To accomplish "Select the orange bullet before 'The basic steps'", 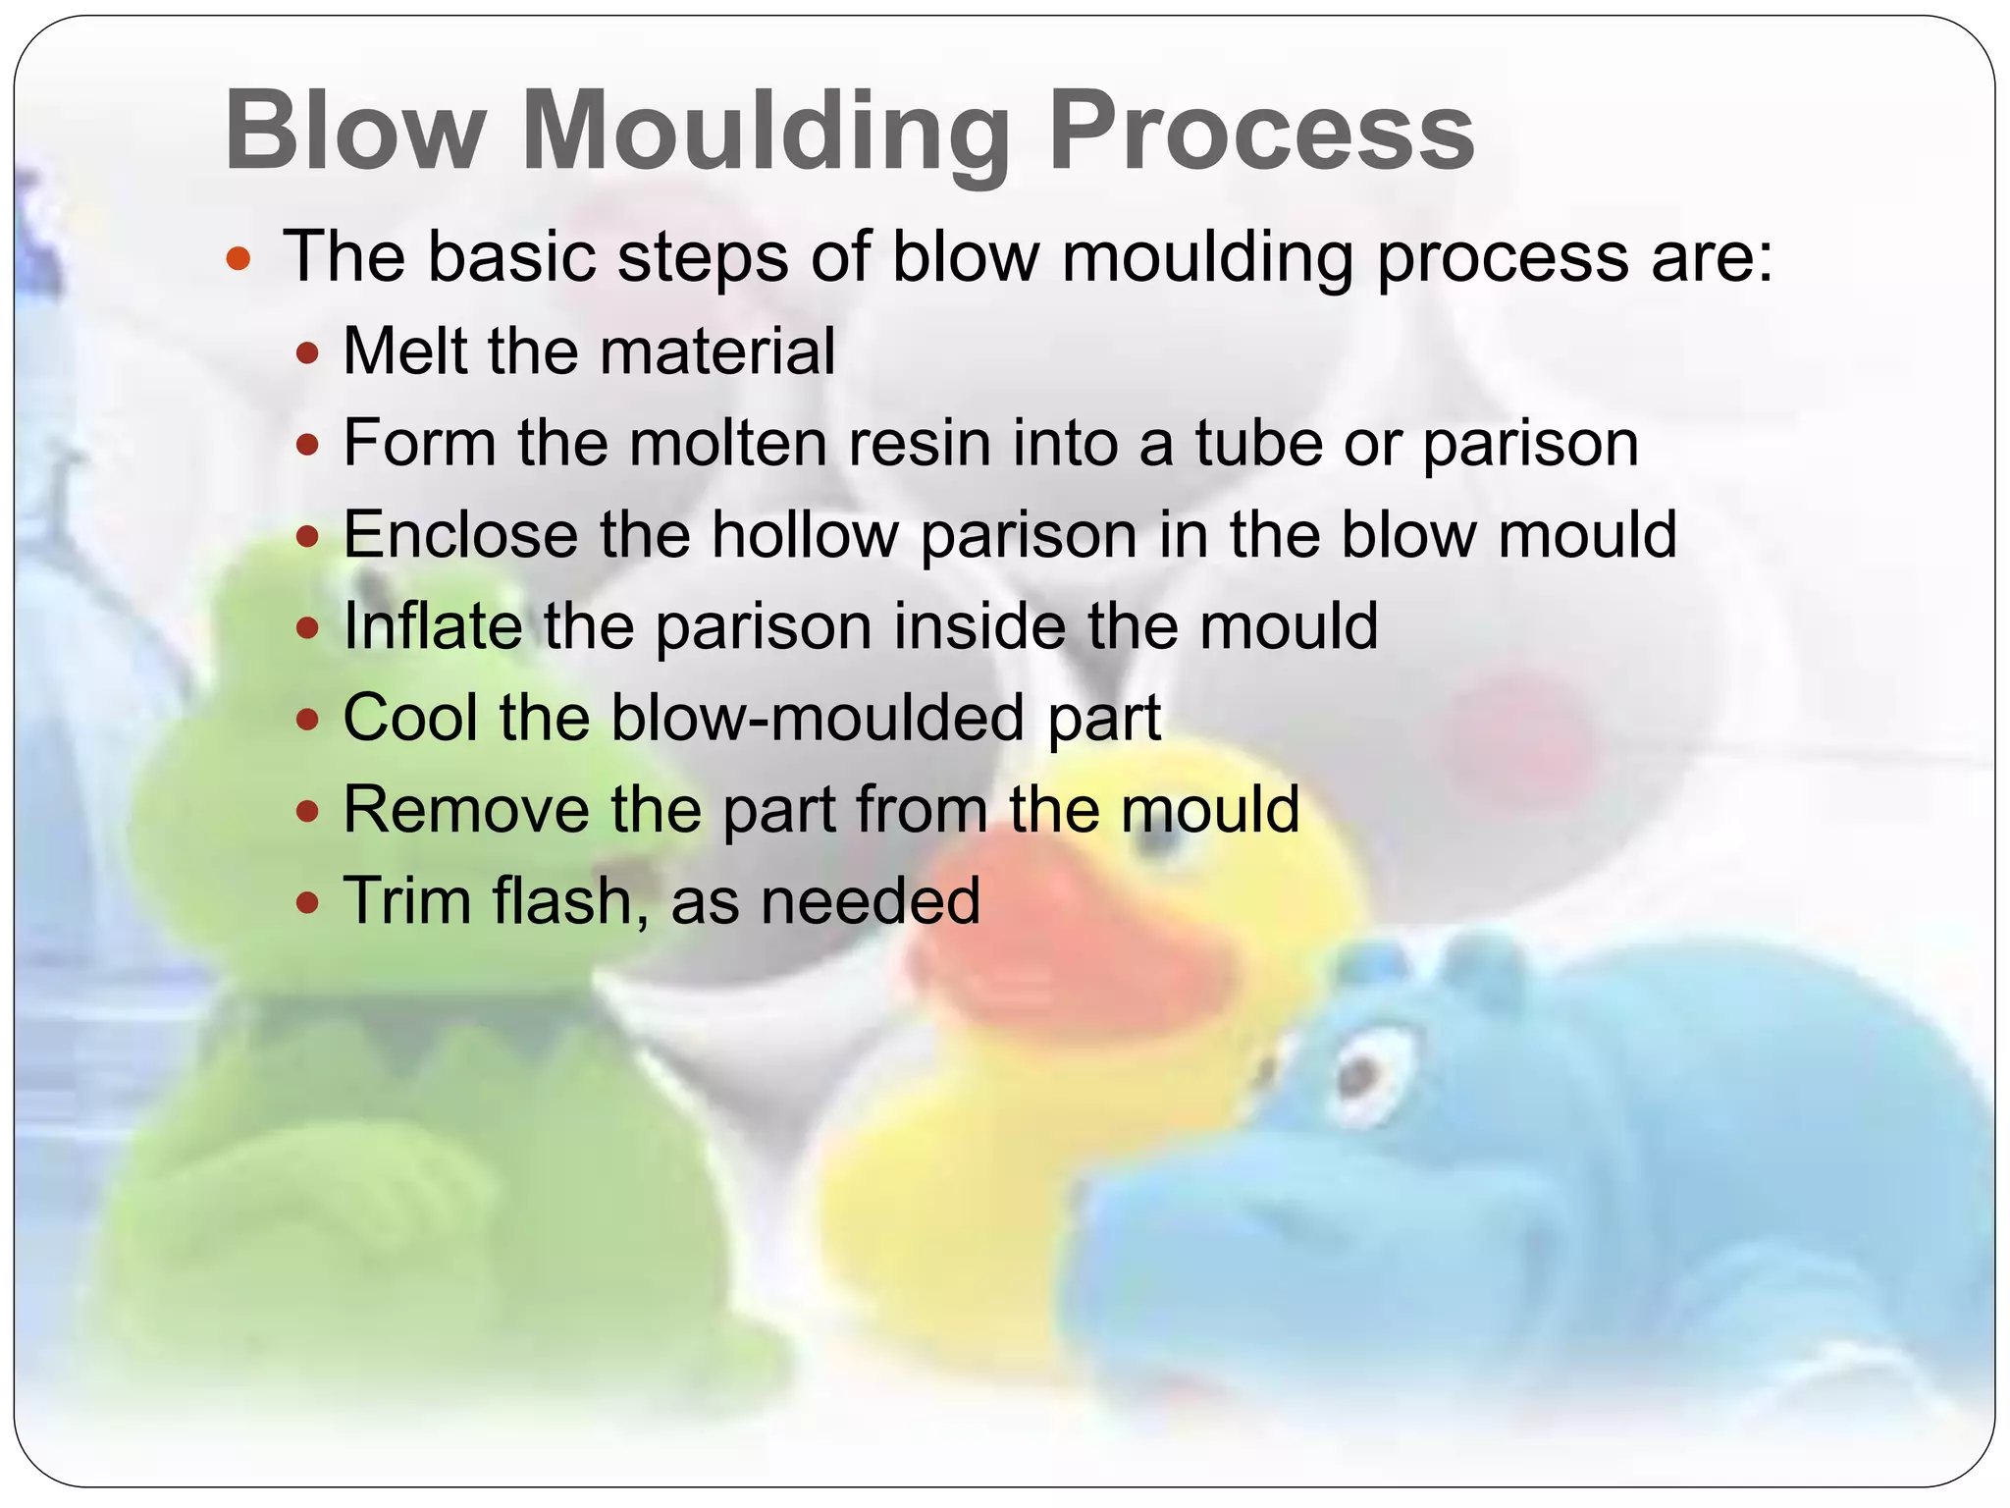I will (x=238, y=259).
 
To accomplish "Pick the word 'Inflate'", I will (x=432, y=625).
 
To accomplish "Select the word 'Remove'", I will (x=465, y=809).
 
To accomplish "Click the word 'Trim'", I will (x=406, y=900).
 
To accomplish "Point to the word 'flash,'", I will (x=570, y=900).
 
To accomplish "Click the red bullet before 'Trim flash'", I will (x=307, y=901).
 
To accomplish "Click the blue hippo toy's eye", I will (x=1359, y=1078).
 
